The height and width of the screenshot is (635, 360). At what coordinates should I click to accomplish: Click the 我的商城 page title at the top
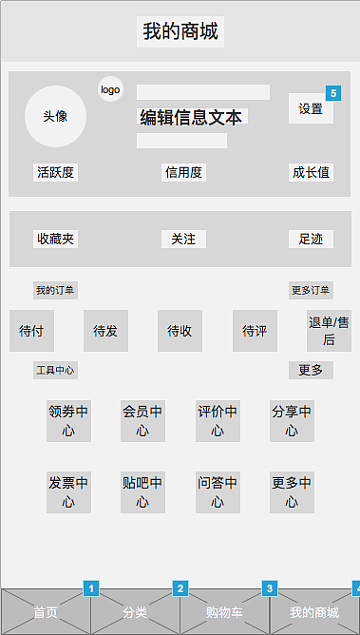180,31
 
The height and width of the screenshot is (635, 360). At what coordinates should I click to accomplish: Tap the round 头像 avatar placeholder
55,116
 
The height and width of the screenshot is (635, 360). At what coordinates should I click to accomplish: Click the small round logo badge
110,89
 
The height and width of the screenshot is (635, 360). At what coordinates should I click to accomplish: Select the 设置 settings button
311,108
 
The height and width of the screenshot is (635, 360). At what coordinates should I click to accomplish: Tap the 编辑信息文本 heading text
191,117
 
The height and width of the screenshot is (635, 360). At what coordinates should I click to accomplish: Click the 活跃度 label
56,172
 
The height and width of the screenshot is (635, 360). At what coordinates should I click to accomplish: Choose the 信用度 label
183,172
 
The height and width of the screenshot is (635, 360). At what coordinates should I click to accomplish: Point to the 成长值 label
311,172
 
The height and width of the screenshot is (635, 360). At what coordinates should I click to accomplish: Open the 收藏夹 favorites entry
55,239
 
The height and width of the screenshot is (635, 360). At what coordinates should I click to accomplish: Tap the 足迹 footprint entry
311,239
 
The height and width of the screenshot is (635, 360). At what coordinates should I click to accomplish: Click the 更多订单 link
311,290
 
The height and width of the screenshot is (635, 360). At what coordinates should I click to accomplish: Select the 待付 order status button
31,331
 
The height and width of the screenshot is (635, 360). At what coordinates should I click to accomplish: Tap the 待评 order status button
255,331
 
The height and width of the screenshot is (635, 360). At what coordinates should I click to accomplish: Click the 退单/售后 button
329,330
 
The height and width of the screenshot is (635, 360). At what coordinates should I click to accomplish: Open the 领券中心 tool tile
68,420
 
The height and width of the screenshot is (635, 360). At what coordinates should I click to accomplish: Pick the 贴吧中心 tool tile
142,491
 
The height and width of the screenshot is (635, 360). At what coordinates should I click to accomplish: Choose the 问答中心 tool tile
218,491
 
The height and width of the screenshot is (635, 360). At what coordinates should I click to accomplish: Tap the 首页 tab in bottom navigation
46,612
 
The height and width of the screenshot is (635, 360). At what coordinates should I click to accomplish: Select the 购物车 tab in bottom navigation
224,612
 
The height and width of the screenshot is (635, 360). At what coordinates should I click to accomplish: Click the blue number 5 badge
332,92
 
